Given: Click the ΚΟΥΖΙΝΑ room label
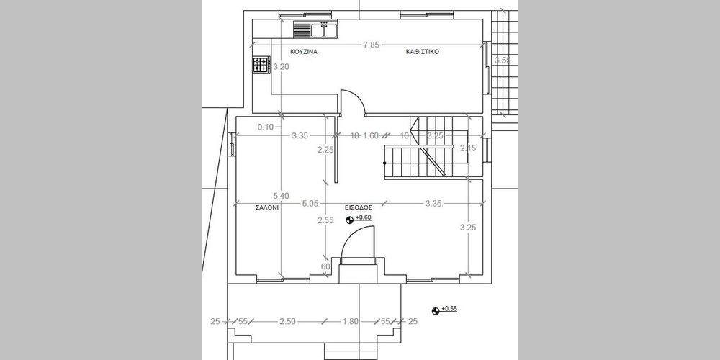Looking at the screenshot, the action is [x=304, y=52].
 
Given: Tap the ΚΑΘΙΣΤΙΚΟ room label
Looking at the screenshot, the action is [x=423, y=52].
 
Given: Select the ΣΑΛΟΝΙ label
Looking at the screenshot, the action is [x=267, y=207].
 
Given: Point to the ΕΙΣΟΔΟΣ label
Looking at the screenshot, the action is [x=359, y=207].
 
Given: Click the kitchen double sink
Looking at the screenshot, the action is [x=324, y=30].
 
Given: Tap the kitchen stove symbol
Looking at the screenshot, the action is [x=261, y=65].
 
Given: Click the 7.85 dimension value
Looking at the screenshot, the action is [x=371, y=45].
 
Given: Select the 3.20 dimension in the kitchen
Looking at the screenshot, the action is [x=281, y=66].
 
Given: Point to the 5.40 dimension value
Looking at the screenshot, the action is [x=281, y=196].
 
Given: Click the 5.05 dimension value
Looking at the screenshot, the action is [x=310, y=204].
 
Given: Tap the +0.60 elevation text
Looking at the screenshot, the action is [x=363, y=217].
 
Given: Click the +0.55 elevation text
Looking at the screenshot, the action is [x=449, y=309].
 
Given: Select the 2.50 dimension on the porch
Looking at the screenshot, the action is [x=287, y=321].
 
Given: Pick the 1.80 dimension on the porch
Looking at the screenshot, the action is [x=351, y=321].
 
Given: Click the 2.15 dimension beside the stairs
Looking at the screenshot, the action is [x=469, y=148].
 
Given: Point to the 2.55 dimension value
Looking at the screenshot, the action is [x=325, y=220].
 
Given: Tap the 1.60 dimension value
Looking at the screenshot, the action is [x=371, y=135].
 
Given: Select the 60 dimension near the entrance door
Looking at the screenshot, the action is [x=325, y=267].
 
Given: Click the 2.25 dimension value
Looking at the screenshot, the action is [x=325, y=149].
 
